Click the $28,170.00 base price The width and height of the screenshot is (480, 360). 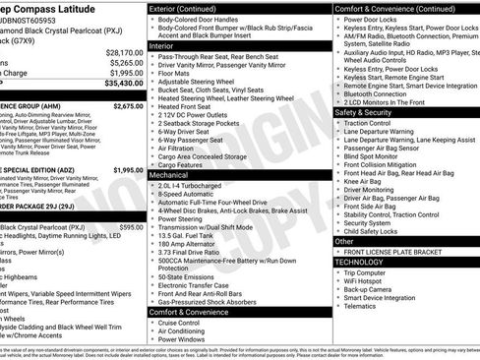click(124, 52)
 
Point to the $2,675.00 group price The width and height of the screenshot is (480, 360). click(128, 104)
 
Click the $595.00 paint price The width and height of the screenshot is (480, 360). click(131, 227)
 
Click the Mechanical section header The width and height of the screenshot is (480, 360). click(170, 173)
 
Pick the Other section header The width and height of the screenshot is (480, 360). click(345, 241)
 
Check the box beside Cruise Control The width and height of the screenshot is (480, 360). click(152, 323)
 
